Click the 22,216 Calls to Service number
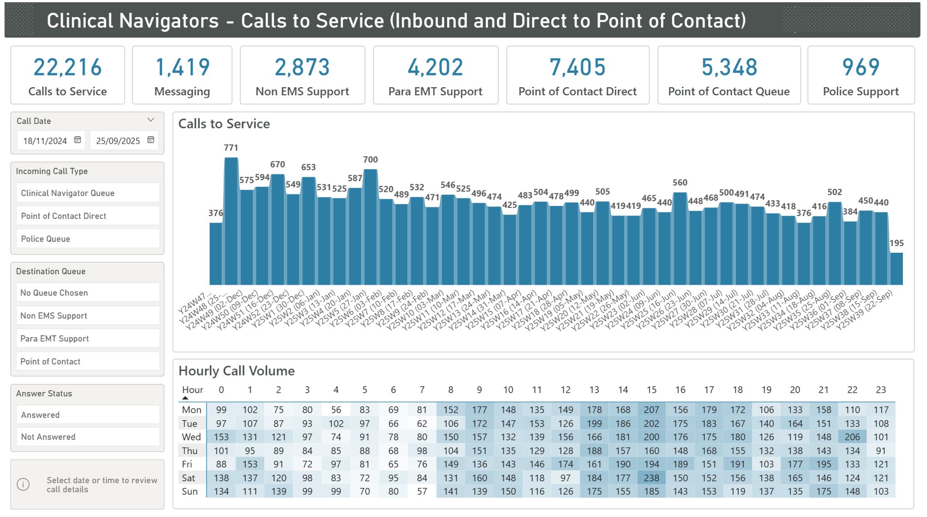67,67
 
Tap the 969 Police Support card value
860,67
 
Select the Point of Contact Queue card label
729,91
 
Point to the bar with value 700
370,227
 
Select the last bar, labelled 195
896,269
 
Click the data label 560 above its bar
679,182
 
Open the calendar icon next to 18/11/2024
78,140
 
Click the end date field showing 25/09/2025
118,141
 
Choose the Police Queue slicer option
88,239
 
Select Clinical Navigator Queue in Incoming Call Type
88,193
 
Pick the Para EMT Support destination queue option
88,339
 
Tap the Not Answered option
88,437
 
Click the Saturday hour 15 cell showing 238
651,478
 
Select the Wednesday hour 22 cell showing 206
852,437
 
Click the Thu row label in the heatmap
189,451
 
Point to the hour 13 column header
594,390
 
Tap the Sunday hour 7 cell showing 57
422,491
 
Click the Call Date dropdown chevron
151,120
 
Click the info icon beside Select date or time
24,484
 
